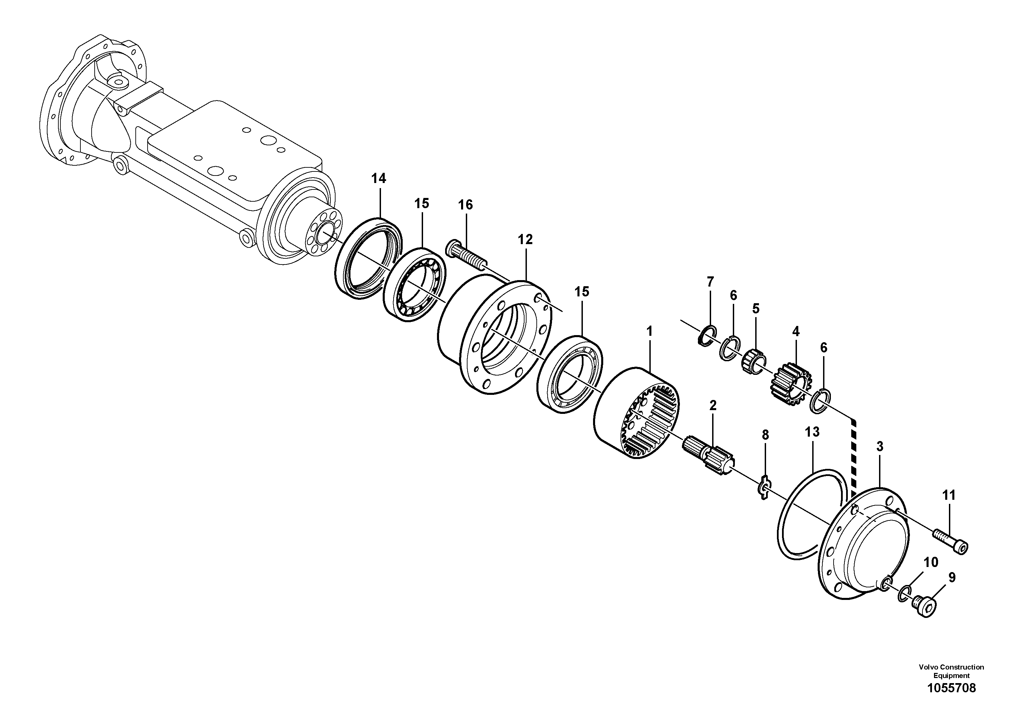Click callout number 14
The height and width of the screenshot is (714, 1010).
point(378,178)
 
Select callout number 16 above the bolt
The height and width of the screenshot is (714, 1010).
point(465,205)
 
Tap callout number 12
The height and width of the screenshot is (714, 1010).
point(525,239)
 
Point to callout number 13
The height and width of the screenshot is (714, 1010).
point(812,432)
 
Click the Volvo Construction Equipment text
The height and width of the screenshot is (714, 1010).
point(951,671)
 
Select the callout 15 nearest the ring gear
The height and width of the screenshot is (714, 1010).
point(582,292)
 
